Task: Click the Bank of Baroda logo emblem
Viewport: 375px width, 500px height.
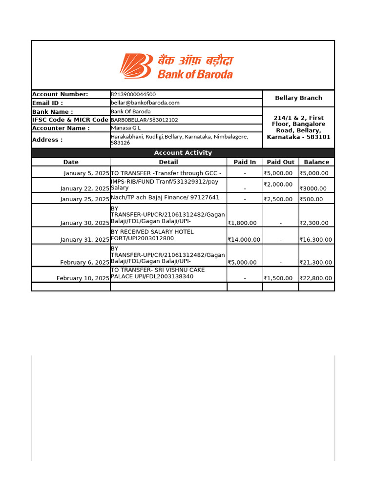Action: pos(136,66)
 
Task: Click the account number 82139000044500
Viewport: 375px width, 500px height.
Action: pos(133,94)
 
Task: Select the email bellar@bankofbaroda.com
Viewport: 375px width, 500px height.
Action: pos(145,103)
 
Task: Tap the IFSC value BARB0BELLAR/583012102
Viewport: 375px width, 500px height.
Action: pos(145,120)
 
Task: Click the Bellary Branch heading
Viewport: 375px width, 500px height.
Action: pos(298,98)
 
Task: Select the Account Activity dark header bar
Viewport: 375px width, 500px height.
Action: pos(183,153)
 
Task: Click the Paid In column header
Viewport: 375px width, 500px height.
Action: pos(245,162)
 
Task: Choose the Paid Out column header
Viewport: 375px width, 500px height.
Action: pos(280,162)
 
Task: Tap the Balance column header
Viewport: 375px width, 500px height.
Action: pos(316,162)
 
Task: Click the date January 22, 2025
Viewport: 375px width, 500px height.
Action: pos(85,188)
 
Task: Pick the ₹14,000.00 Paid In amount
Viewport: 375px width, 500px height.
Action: pos(244,240)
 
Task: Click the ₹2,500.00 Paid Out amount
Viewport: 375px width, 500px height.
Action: pos(278,199)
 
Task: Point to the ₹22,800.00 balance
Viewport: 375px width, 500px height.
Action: pos(315,278)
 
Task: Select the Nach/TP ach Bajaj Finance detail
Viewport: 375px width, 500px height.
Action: pos(165,198)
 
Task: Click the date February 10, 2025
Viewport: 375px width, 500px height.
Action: pos(83,278)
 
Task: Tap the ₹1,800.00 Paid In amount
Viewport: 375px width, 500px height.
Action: pos(242,223)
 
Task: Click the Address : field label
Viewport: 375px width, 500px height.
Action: pos(47,140)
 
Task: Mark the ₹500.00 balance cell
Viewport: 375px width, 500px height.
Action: pos(311,199)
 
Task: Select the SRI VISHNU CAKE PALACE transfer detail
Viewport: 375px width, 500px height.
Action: pos(158,273)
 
